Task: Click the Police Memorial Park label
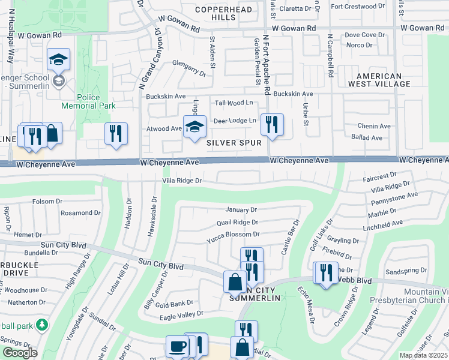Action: coord(96,102)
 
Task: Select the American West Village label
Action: coord(387,80)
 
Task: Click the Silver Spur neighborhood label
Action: coord(234,143)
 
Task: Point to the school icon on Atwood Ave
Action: coord(194,128)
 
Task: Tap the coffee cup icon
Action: coord(177,346)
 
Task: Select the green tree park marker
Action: coord(41,325)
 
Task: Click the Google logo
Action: coord(19,353)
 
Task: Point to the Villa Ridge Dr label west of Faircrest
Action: coord(182,180)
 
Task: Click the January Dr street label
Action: coord(241,210)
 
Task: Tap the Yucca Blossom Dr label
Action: coord(232,235)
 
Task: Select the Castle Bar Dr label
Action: coord(289,237)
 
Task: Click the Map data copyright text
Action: coord(424,355)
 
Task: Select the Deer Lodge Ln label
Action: coord(235,121)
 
